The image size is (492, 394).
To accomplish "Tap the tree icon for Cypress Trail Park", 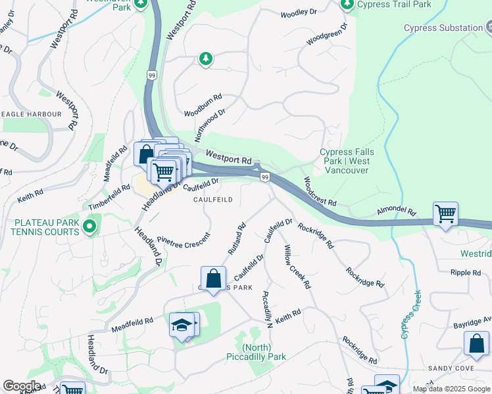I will [x=348, y=5].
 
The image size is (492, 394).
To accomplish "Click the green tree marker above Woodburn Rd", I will [x=206, y=60].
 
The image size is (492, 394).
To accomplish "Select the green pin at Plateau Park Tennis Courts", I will [x=89, y=228].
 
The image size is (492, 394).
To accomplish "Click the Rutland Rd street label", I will [x=237, y=239].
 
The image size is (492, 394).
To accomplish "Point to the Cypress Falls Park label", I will [x=345, y=161].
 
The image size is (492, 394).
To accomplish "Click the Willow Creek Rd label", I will [x=297, y=267].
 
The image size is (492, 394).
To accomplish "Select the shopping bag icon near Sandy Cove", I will [x=476, y=343].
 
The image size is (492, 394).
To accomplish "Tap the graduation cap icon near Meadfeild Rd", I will [x=182, y=324].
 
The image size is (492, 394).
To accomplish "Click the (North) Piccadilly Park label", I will [x=264, y=352].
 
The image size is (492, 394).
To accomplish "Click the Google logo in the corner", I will [x=22, y=386].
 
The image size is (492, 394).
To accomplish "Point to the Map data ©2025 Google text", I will [x=451, y=389].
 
